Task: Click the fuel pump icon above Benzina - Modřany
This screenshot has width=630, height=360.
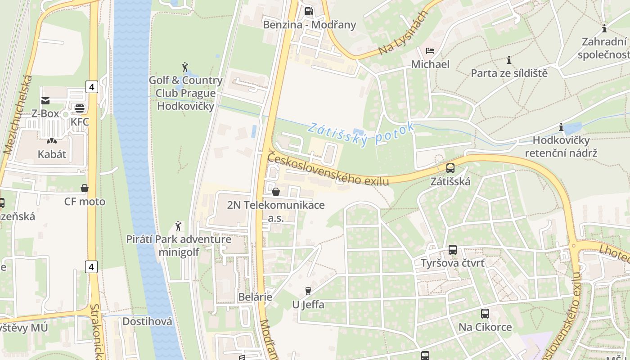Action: coord(309,11)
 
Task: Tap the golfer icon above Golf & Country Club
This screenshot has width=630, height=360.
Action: coord(184,67)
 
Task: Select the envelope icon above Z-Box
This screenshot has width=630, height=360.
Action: coord(45,100)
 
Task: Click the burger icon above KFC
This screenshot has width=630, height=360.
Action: coord(80,108)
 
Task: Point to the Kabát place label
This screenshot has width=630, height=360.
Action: coord(52,154)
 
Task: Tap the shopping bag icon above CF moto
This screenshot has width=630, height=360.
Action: coord(84,188)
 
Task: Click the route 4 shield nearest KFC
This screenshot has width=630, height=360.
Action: coord(91,86)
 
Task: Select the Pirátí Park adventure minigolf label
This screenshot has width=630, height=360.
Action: coord(179,245)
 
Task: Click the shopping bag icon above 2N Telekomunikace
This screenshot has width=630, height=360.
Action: coord(276,192)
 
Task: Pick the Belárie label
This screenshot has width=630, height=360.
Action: coord(255,297)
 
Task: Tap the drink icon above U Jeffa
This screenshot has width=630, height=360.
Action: coord(308,291)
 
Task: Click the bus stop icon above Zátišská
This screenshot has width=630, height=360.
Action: coord(450,169)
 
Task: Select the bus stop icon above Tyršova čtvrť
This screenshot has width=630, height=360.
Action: coord(453,250)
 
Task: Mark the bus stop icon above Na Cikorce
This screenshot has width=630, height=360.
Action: coord(485,314)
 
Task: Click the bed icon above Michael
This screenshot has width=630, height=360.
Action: coord(430,51)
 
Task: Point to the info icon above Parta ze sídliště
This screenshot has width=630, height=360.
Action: coord(509,60)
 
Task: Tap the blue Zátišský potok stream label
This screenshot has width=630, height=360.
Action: coord(360,133)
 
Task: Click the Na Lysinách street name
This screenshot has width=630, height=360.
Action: coord(401,34)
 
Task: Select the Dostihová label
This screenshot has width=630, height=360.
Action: coord(147,321)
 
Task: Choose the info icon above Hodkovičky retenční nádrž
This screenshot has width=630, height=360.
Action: coord(561,127)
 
